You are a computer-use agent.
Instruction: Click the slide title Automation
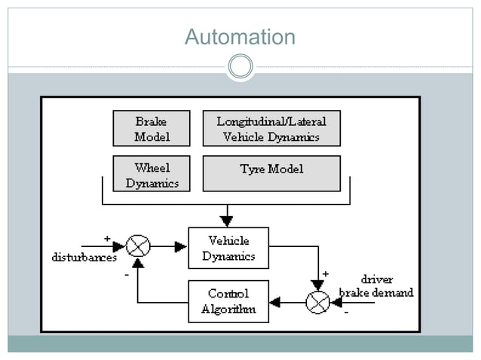[240, 37]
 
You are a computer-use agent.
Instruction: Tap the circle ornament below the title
[240, 67]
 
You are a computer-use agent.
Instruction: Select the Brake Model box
[152, 129]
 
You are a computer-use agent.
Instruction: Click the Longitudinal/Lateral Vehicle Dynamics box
[271, 129]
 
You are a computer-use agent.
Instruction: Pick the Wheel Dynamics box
[152, 175]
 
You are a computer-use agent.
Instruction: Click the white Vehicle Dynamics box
[228, 248]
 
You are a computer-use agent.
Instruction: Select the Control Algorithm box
[228, 301]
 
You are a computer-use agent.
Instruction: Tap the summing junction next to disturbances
[138, 246]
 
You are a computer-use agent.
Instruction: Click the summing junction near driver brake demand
[317, 302]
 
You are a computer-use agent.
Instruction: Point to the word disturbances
[84, 258]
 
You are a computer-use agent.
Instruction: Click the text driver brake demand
[376, 286]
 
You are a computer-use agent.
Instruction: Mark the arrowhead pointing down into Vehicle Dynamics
[226, 220]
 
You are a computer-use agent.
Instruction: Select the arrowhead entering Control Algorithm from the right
[275, 302]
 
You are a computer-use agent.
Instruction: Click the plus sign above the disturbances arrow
[107, 237]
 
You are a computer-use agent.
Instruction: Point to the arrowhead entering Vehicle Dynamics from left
[181, 246]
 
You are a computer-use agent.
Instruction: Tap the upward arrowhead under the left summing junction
[138, 263]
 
